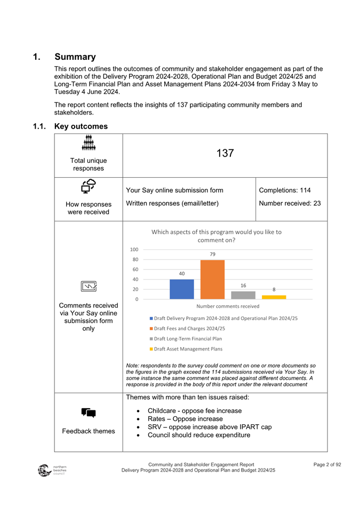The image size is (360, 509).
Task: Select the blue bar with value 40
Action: coord(181,289)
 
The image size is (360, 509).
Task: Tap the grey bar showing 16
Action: coord(243,295)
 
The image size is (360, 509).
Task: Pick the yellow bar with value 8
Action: coord(274,297)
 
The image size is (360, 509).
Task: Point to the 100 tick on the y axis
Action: coord(134,250)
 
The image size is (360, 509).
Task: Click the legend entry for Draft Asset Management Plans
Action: coord(186,349)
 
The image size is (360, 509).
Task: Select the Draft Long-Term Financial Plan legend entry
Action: coord(188,339)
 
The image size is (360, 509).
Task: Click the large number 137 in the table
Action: coord(225,154)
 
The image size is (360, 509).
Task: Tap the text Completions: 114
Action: coord(284,190)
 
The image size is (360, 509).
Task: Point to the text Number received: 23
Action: coord(290,203)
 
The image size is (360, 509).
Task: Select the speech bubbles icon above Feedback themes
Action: coord(88,412)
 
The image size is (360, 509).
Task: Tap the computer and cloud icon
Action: coord(88,187)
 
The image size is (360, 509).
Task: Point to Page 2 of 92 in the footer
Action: coord(327,465)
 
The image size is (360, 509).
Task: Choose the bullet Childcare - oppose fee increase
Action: coord(194,411)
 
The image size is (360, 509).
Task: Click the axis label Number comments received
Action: coord(228,306)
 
